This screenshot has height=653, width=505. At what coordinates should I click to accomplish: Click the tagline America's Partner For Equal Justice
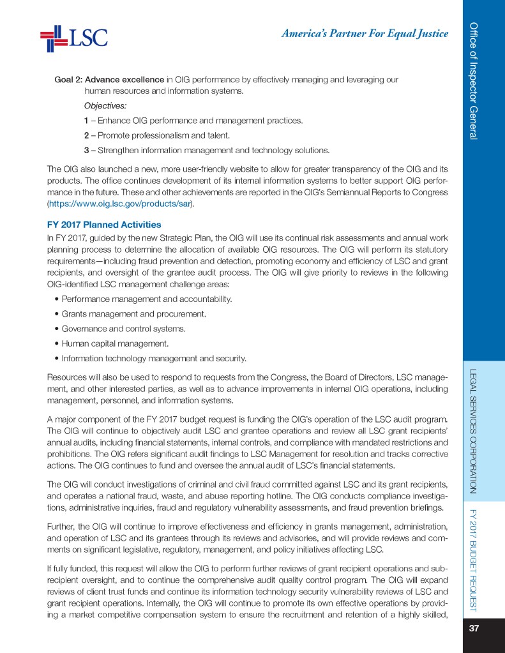(x=364, y=34)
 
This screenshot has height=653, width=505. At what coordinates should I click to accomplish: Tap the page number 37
(x=474, y=628)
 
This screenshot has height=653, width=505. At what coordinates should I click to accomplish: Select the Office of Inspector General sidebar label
(x=474, y=80)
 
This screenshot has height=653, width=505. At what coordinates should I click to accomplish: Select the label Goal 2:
(x=68, y=80)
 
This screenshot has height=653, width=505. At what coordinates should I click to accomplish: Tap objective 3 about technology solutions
(x=207, y=151)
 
